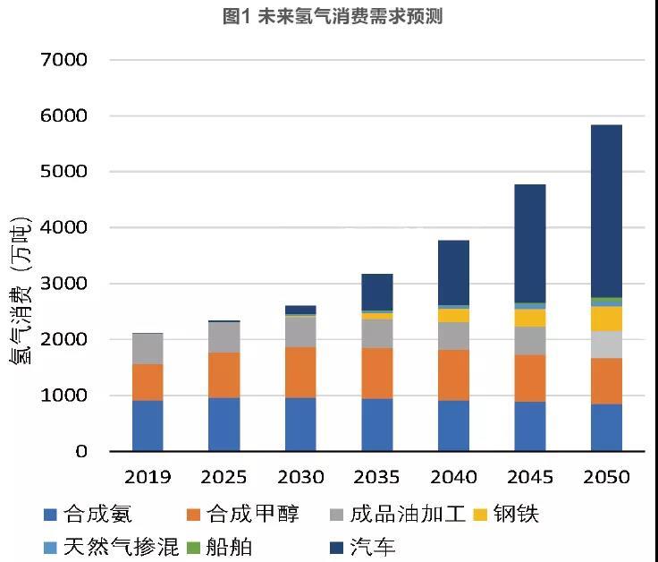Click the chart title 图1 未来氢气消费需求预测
(328, 15)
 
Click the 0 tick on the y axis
(81, 452)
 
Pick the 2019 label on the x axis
(148, 477)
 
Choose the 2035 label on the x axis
(377, 477)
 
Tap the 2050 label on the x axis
(606, 477)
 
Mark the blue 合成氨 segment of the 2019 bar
(148, 425)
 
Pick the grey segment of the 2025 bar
(224, 337)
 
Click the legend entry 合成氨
(88, 515)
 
